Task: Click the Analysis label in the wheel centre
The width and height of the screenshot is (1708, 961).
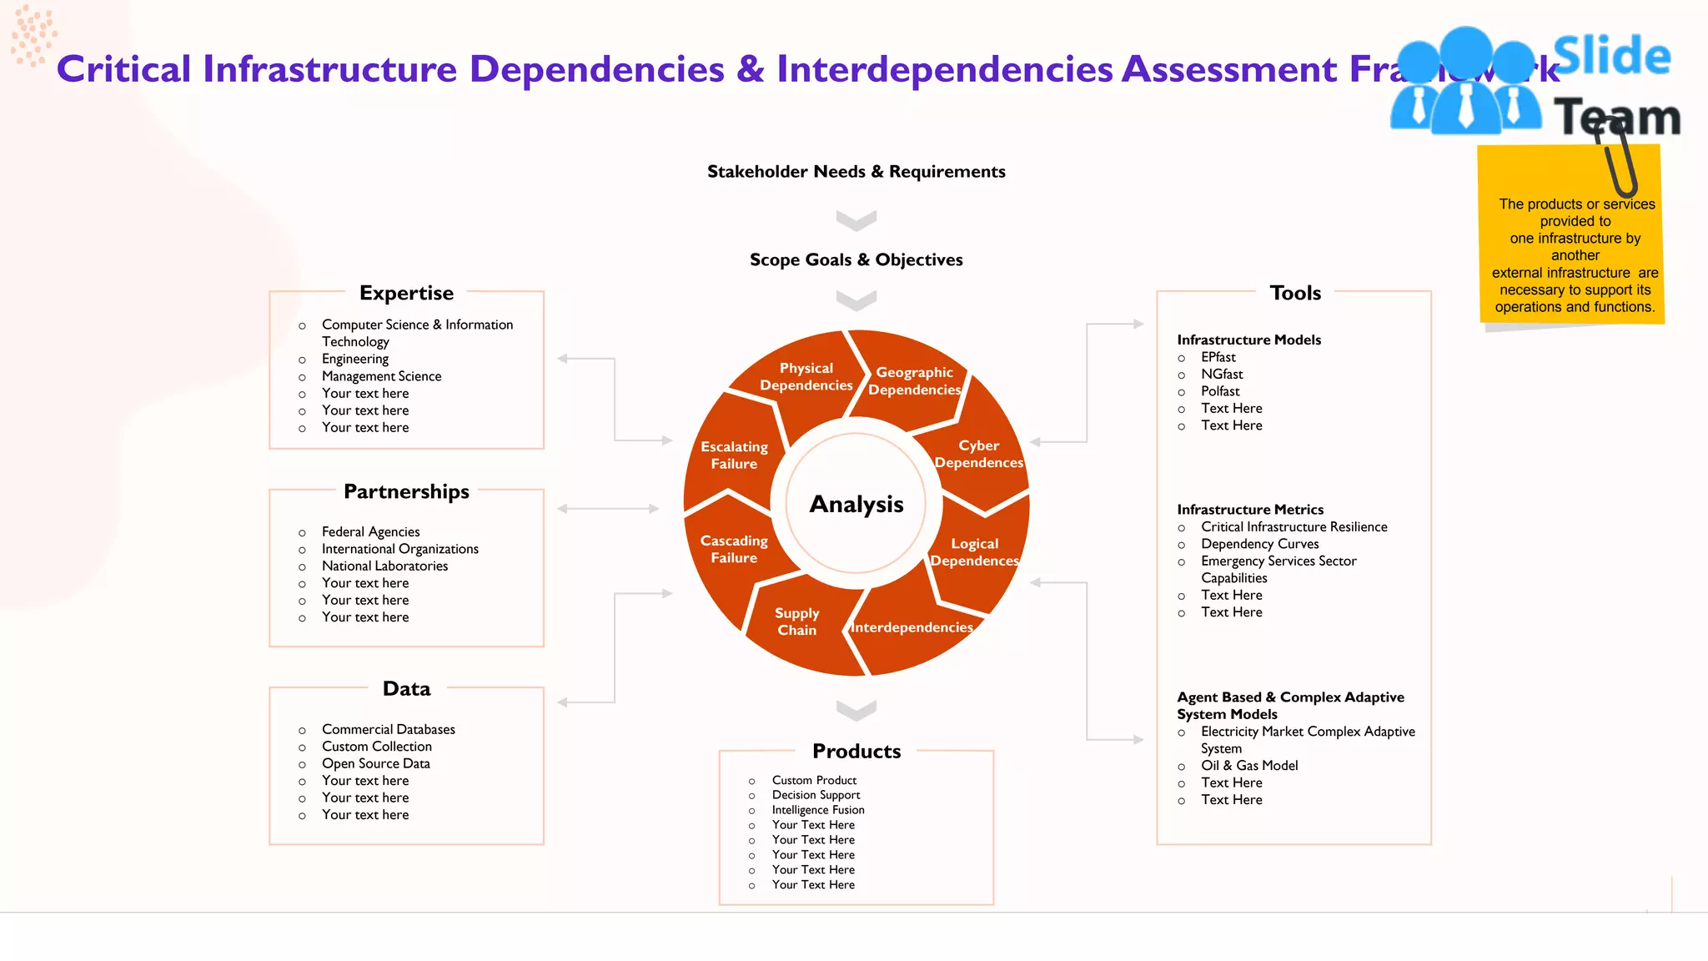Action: coord(857,505)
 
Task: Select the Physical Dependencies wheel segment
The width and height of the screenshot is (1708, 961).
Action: coord(806,377)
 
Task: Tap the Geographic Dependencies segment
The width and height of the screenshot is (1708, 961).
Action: coord(914,381)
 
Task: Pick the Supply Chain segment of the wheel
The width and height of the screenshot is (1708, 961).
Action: coord(796,622)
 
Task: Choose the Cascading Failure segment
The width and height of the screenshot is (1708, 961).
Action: coord(734,550)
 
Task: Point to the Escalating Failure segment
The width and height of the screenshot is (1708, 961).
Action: coord(734,455)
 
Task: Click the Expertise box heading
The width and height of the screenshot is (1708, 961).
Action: coord(406,294)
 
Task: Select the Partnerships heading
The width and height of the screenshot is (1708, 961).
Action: coord(406,492)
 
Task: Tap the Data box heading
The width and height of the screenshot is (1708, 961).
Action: coord(406,689)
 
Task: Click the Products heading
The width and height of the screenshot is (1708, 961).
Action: coord(857,752)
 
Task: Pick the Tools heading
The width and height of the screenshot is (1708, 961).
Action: coord(1295,294)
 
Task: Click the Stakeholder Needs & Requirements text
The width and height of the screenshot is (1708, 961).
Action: coord(857,172)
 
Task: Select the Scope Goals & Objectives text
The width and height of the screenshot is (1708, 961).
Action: coord(857,260)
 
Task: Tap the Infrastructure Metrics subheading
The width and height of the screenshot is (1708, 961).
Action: coord(1250,510)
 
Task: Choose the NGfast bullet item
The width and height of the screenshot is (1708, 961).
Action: coord(1222,375)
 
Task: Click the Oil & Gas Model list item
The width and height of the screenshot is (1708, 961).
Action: coord(1249,766)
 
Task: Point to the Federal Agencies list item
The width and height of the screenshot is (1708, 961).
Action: coord(371,532)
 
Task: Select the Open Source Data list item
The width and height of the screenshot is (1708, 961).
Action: coord(376,764)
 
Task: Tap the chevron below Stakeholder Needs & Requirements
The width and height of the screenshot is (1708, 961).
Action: coord(857,220)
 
